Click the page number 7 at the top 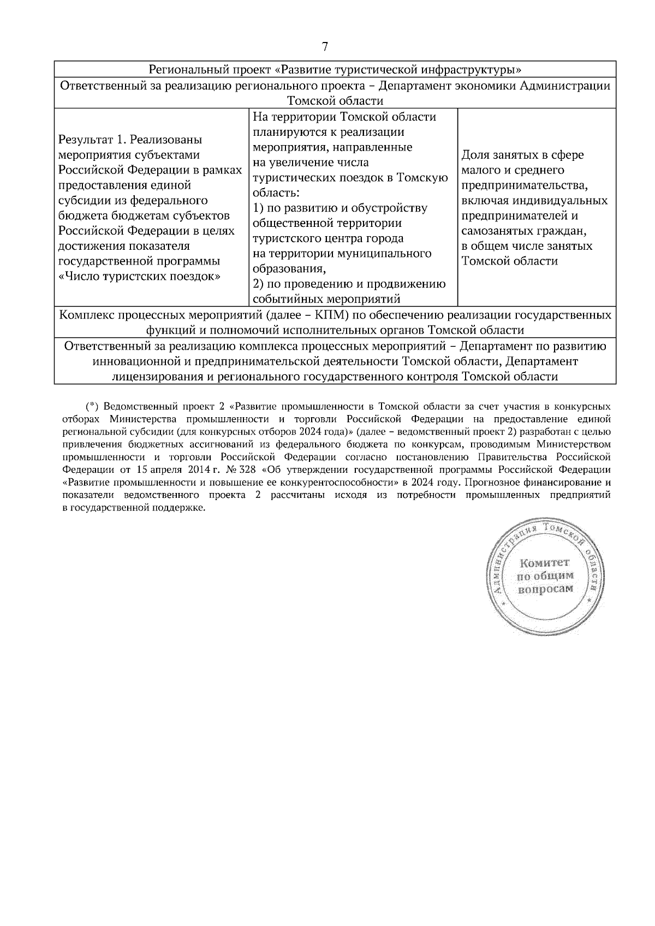click(325, 47)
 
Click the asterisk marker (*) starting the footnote click(92, 406)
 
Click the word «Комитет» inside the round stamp click(545, 562)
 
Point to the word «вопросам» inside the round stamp click(545, 588)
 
